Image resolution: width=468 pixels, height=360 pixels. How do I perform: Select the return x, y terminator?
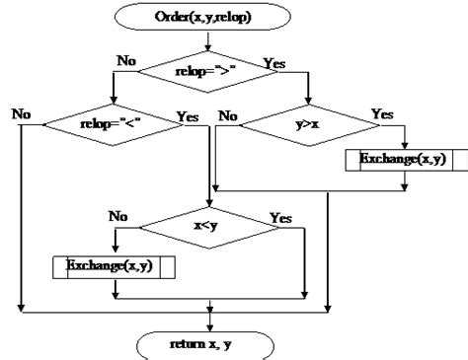click(x=209, y=343)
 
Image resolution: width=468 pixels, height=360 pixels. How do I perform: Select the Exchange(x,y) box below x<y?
click(x=113, y=265)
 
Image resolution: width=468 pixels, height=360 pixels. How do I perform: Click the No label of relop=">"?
click(x=127, y=59)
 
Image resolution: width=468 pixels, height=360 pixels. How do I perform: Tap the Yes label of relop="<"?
click(x=188, y=114)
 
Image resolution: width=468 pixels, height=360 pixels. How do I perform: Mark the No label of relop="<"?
click(x=19, y=114)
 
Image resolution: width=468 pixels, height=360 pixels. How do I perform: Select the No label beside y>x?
click(x=228, y=114)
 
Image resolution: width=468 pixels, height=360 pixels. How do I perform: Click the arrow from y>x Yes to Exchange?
click(x=404, y=136)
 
